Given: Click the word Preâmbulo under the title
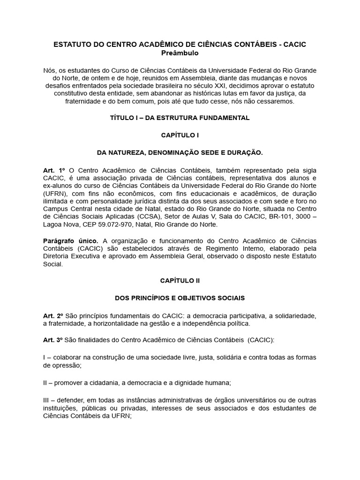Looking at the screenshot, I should coord(180,53).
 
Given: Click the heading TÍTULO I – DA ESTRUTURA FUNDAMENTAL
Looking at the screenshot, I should coord(180,118).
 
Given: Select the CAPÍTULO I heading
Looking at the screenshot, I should coord(180,135).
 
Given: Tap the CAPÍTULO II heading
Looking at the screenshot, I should coord(180,280).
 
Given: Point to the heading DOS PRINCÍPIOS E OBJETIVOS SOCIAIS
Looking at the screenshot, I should coord(180,298).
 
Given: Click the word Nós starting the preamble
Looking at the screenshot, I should coord(49,70).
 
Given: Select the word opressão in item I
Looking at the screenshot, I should coord(61,365).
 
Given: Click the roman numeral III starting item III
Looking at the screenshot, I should coord(46,400).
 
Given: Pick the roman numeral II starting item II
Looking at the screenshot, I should coord(45,382).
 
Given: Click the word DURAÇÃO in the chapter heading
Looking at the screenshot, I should coord(243,152).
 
